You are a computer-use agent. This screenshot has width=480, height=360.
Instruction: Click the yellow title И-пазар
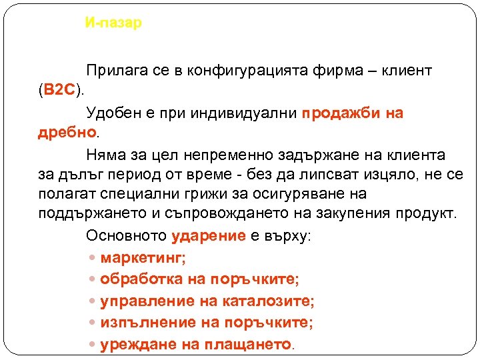tap(113, 23)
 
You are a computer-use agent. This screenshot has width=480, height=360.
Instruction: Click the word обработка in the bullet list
tap(135, 279)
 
